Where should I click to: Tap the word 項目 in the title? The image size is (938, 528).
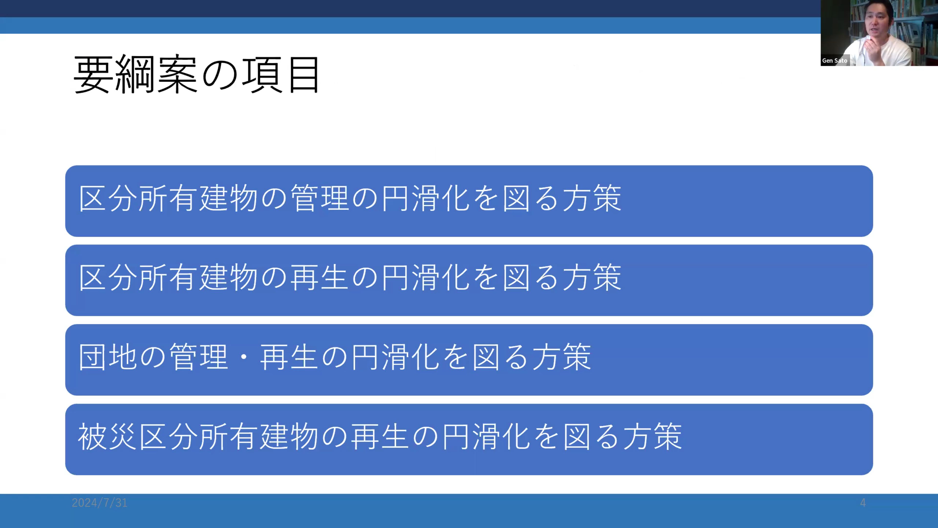(x=281, y=75)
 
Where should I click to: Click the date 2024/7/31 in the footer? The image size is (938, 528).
(x=99, y=503)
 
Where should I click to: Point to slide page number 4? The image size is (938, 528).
(x=863, y=503)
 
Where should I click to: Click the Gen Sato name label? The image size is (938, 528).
(x=835, y=60)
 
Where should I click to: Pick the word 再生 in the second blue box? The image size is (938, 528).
(x=319, y=278)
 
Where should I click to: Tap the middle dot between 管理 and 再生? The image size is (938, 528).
(x=244, y=357)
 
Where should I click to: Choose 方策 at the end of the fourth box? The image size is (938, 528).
(x=652, y=437)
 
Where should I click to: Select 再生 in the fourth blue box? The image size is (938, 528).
(x=380, y=437)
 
